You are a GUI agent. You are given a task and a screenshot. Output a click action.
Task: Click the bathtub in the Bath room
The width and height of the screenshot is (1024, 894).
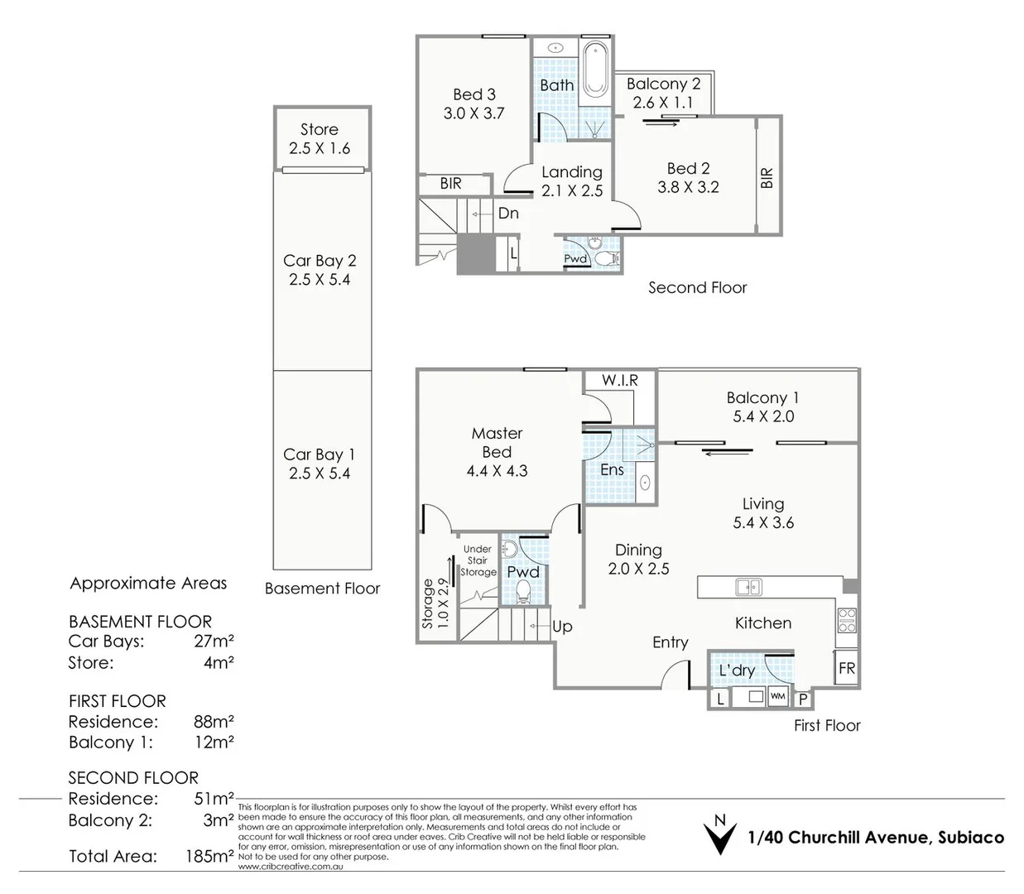click(x=595, y=70)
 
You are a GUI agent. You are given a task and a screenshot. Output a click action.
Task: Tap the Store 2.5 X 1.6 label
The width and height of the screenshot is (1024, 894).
click(x=320, y=139)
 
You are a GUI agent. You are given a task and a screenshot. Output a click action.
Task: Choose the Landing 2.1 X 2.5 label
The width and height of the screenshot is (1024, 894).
click(x=572, y=181)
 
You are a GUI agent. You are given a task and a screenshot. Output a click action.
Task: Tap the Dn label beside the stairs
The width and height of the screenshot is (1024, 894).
click(x=508, y=213)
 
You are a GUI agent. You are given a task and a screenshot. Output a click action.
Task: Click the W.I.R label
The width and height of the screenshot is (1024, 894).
click(x=619, y=380)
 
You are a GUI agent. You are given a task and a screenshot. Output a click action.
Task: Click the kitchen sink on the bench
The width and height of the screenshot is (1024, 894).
click(x=748, y=587)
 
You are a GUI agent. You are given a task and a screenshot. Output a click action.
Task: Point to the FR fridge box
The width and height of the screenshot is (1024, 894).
click(x=846, y=668)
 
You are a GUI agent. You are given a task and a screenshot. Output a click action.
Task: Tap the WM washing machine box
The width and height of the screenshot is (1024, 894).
click(x=778, y=696)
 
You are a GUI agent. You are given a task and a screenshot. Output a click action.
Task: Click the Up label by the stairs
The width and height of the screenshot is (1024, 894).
click(x=562, y=627)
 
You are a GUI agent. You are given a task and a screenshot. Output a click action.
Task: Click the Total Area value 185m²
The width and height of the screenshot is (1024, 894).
click(x=209, y=856)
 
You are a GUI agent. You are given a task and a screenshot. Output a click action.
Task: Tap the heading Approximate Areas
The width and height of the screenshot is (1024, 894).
click(x=148, y=583)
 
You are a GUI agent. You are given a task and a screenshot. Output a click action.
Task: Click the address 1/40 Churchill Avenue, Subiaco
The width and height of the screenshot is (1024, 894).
click(x=875, y=837)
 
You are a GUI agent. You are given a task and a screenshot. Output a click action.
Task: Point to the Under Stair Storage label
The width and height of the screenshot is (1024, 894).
click(x=478, y=560)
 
